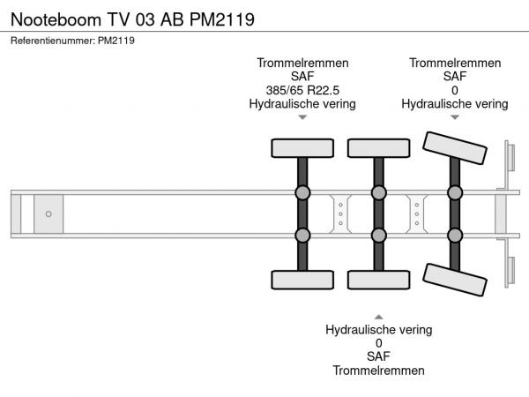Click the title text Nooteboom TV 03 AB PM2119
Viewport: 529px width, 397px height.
tap(132, 19)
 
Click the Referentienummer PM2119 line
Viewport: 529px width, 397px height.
tap(72, 41)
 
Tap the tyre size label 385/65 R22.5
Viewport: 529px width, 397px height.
tap(302, 90)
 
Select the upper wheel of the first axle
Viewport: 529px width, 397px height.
tap(302, 148)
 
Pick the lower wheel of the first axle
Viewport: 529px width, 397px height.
tap(302, 280)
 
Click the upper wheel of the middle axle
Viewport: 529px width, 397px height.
tap(379, 148)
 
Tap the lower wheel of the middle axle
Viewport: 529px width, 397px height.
tap(379, 280)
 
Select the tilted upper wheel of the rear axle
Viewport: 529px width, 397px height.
tap(455, 148)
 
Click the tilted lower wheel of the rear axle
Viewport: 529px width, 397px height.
tap(455, 280)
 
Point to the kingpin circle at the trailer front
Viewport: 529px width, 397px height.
tap(48, 214)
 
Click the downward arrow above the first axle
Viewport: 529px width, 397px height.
tap(302, 117)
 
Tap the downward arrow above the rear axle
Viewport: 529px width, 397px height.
tap(455, 117)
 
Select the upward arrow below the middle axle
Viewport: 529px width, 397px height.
tap(379, 317)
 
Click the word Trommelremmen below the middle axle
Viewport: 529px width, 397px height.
tap(379, 371)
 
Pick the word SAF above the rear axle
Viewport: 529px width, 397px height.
tap(455, 76)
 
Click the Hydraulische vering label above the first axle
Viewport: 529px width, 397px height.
tap(302, 104)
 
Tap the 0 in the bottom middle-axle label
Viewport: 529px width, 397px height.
tap(379, 343)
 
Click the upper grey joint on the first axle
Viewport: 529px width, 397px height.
tap(302, 192)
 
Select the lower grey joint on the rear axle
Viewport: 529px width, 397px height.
tap(455, 236)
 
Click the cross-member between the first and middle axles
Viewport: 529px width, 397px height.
tap(340, 214)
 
